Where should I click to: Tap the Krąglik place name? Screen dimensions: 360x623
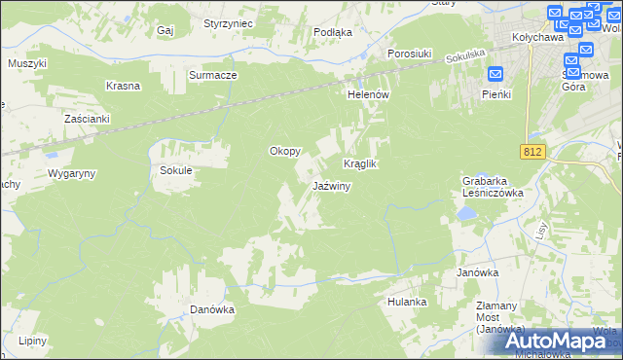pos(359,164)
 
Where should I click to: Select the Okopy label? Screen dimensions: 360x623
pos(284,152)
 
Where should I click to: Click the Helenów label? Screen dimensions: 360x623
pos(369,94)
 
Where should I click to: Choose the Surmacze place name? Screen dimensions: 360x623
pos(213,74)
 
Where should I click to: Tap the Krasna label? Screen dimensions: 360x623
pos(124,86)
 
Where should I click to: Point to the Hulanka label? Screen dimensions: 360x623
pos(407,302)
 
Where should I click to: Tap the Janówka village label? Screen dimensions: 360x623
pos(478,273)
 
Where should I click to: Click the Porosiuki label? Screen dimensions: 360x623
pos(410,54)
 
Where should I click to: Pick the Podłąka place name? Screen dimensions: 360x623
pos(333,32)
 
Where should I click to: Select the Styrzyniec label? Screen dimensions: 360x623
pos(229,22)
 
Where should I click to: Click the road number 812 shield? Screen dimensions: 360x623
pos(531,152)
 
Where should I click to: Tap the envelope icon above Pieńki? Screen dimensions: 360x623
pos(495,74)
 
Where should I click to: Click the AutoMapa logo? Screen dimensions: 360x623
pos(559,341)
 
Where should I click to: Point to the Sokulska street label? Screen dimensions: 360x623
pos(465,59)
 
